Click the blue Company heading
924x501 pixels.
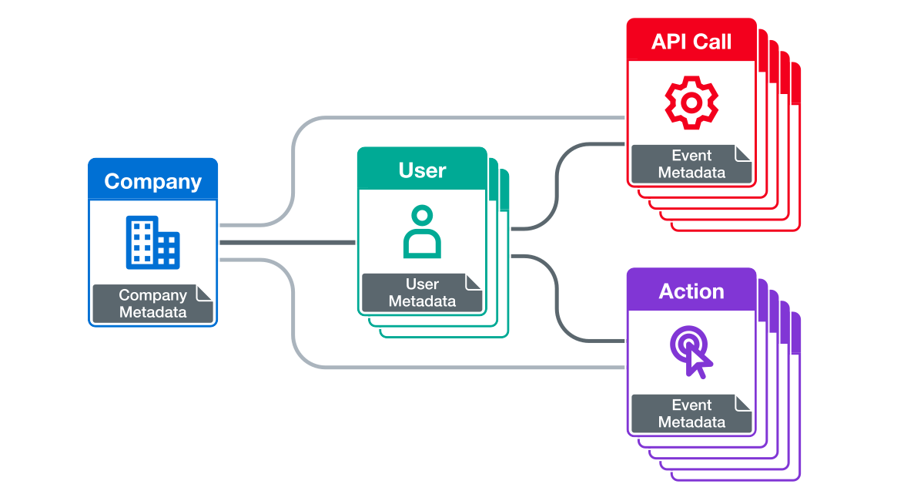pyautogui.click(x=152, y=182)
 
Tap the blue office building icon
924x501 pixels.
pyautogui.click(x=152, y=242)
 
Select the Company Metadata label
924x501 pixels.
pyautogui.click(x=152, y=304)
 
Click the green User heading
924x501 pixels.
pyautogui.click(x=422, y=170)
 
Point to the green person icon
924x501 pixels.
pyautogui.click(x=422, y=231)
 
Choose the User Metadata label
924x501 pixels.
pyautogui.click(x=421, y=293)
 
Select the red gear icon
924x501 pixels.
pyautogui.click(x=691, y=102)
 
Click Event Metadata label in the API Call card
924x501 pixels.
pyautogui.click(x=691, y=164)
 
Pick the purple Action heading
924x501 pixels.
pyautogui.click(x=691, y=291)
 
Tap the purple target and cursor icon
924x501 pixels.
pyautogui.click(x=691, y=351)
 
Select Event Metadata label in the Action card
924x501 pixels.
pyautogui.click(x=691, y=414)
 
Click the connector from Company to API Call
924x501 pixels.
pyautogui.click(x=462, y=118)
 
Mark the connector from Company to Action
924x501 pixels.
pyautogui.click(x=462, y=367)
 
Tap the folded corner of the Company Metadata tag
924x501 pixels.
pyautogui.click(x=205, y=292)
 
